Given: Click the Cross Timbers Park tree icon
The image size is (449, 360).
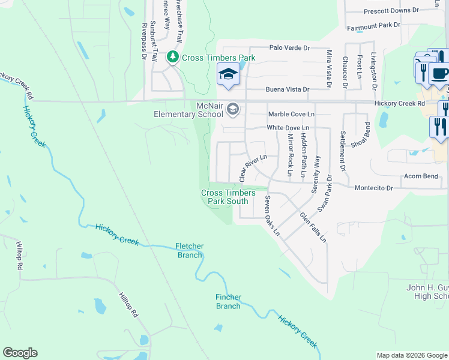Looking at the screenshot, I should (x=173, y=57).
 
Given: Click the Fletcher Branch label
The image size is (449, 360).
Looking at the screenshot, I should (x=189, y=250).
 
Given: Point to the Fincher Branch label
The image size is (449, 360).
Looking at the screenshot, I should (x=228, y=301).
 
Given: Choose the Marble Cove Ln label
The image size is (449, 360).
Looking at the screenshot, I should (x=291, y=114).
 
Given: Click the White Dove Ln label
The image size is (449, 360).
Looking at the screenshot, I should (x=288, y=128).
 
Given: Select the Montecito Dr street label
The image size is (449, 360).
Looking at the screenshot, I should (x=373, y=188).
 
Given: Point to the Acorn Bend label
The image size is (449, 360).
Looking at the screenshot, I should (x=421, y=176).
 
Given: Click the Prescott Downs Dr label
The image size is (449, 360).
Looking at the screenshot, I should (x=391, y=11).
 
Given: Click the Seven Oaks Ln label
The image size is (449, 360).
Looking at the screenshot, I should (x=273, y=215).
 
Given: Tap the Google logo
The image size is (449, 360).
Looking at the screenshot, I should (x=20, y=353).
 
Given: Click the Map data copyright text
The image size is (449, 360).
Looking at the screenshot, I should (x=411, y=355).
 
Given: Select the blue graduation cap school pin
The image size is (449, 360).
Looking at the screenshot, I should (x=228, y=74).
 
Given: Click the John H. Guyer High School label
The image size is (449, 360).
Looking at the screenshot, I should (x=427, y=292).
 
